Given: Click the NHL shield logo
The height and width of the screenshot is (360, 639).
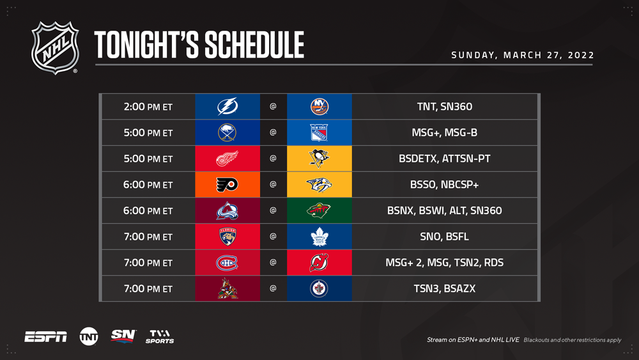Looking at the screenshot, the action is click(55, 48).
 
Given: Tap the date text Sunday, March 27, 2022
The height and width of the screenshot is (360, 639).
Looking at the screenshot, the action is click(523, 55).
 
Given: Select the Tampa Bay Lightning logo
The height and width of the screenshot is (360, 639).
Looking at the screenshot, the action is click(227, 106).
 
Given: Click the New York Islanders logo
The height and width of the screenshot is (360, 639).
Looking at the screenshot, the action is click(319, 106).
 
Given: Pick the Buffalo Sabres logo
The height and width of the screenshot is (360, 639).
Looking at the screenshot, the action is click(227, 132).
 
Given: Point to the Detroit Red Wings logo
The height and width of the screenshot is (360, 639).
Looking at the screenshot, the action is click(227, 159).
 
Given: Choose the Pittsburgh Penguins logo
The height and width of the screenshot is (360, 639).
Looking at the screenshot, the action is click(319, 159).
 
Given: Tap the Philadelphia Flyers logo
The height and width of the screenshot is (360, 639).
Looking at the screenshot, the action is click(227, 185).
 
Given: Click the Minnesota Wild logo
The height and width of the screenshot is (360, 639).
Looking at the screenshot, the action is click(319, 210).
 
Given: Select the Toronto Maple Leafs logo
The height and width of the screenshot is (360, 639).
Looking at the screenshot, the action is click(319, 237).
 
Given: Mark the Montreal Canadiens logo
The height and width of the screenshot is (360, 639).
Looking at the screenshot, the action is click(227, 263).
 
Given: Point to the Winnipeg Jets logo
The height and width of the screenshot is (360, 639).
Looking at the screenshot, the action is click(319, 288).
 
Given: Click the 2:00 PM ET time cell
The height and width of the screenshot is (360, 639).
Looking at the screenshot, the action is click(148, 107).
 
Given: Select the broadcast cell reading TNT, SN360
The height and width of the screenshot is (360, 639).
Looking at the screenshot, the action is click(445, 107).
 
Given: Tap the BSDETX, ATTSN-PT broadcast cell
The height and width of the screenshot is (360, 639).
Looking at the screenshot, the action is click(445, 159).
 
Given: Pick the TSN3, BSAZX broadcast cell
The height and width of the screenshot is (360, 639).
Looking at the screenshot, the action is click(445, 288).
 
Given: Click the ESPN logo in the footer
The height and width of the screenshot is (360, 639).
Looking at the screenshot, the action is click(45, 337).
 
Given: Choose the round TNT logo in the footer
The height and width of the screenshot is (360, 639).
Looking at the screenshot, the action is click(89, 337).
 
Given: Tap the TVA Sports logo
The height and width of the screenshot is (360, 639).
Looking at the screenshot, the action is click(160, 337).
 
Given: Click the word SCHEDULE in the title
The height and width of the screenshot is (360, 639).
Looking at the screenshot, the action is click(254, 45).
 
